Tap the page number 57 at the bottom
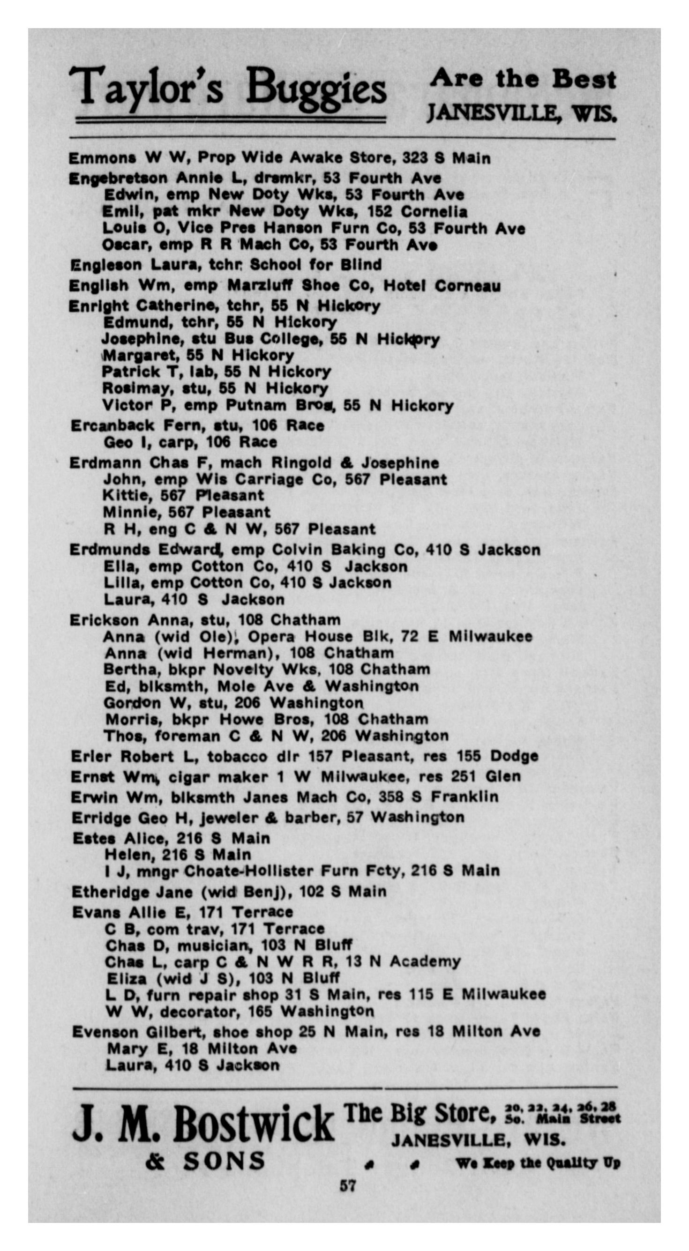pyautogui.click(x=347, y=1185)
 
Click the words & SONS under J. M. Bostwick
pyautogui.click(x=205, y=1161)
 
